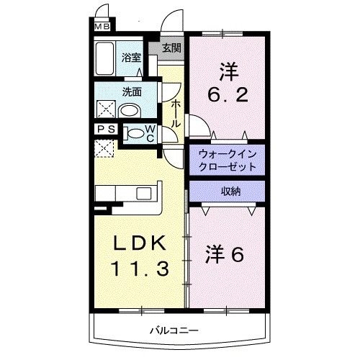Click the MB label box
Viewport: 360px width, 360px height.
click(102, 28)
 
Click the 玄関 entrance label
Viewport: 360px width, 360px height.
click(171, 49)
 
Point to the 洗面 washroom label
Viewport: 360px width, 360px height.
click(131, 92)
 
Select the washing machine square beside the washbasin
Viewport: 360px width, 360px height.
click(105, 110)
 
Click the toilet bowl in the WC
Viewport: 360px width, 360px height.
click(134, 132)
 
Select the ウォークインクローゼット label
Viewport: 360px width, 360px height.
click(226, 160)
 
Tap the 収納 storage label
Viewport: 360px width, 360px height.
click(226, 191)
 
